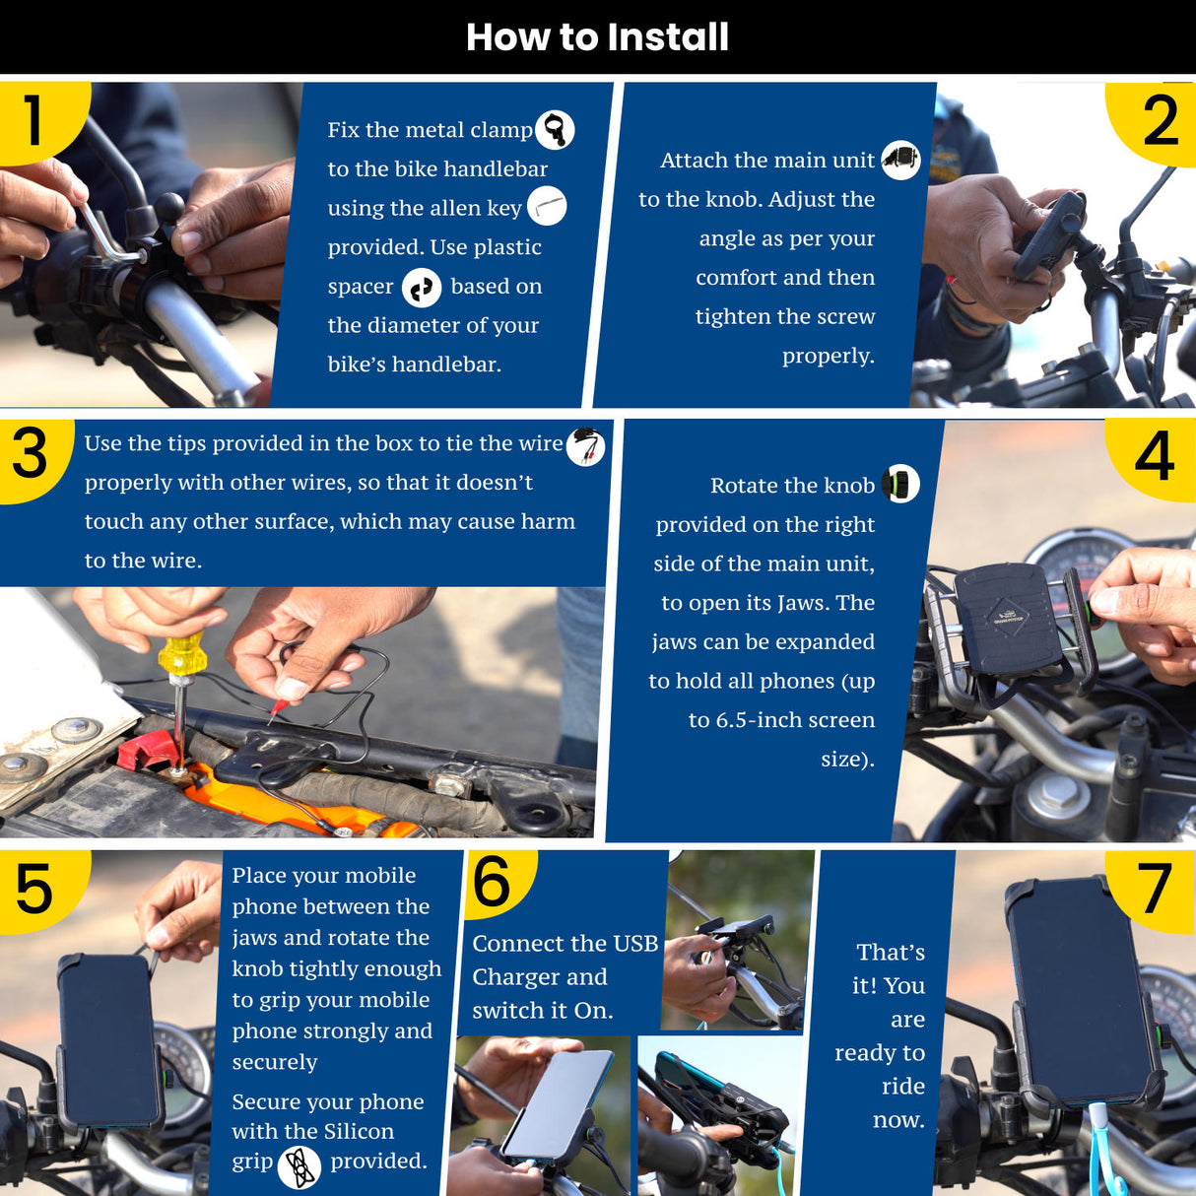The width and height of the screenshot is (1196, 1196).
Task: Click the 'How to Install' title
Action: pos(597,37)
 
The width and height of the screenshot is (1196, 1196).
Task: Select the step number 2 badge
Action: pos(1156,121)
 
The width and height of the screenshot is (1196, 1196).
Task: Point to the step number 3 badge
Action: pos(31,457)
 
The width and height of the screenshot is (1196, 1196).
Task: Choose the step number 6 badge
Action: pos(496,883)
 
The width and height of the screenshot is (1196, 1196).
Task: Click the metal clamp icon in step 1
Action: pos(555,130)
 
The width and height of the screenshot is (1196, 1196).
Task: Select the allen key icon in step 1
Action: pos(547,206)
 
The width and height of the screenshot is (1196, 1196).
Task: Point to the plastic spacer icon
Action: pos(422,288)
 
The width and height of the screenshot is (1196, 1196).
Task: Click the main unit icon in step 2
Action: pos(900,161)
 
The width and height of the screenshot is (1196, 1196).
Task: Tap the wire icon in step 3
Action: pos(585,446)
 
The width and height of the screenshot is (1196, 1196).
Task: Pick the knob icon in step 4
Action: pos(900,484)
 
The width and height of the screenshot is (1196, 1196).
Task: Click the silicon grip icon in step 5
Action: pos(299,1165)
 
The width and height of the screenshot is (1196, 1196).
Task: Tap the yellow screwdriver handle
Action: pos(182,654)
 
